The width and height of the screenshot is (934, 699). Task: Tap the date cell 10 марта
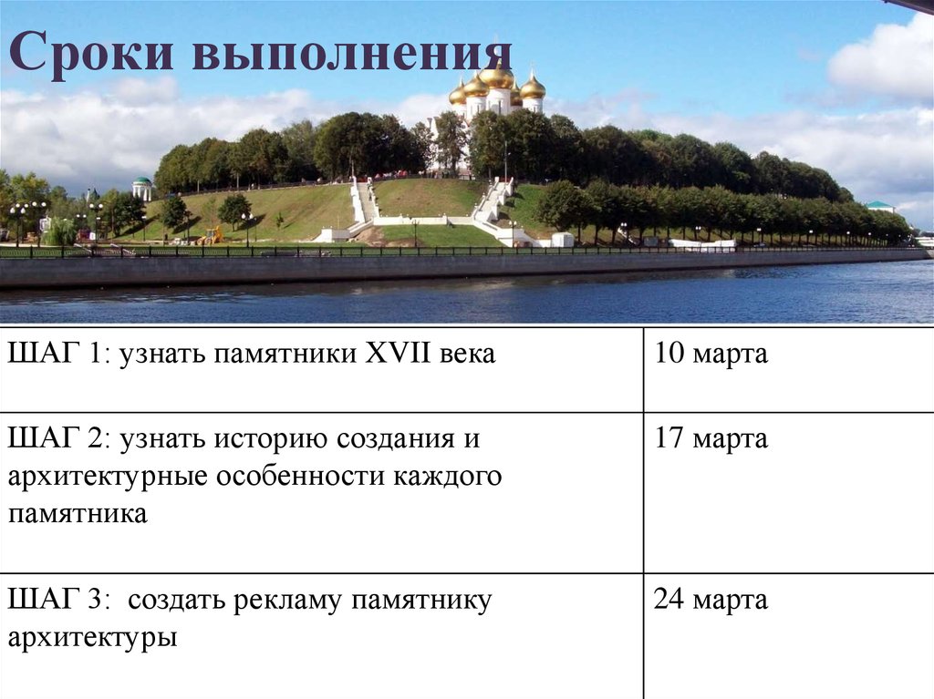point(711,354)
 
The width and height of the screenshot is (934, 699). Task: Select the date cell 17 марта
point(711,439)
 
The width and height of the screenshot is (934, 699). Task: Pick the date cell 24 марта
point(711,601)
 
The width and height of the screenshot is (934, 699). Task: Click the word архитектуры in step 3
point(92,638)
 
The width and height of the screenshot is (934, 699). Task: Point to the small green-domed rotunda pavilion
point(142,188)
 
